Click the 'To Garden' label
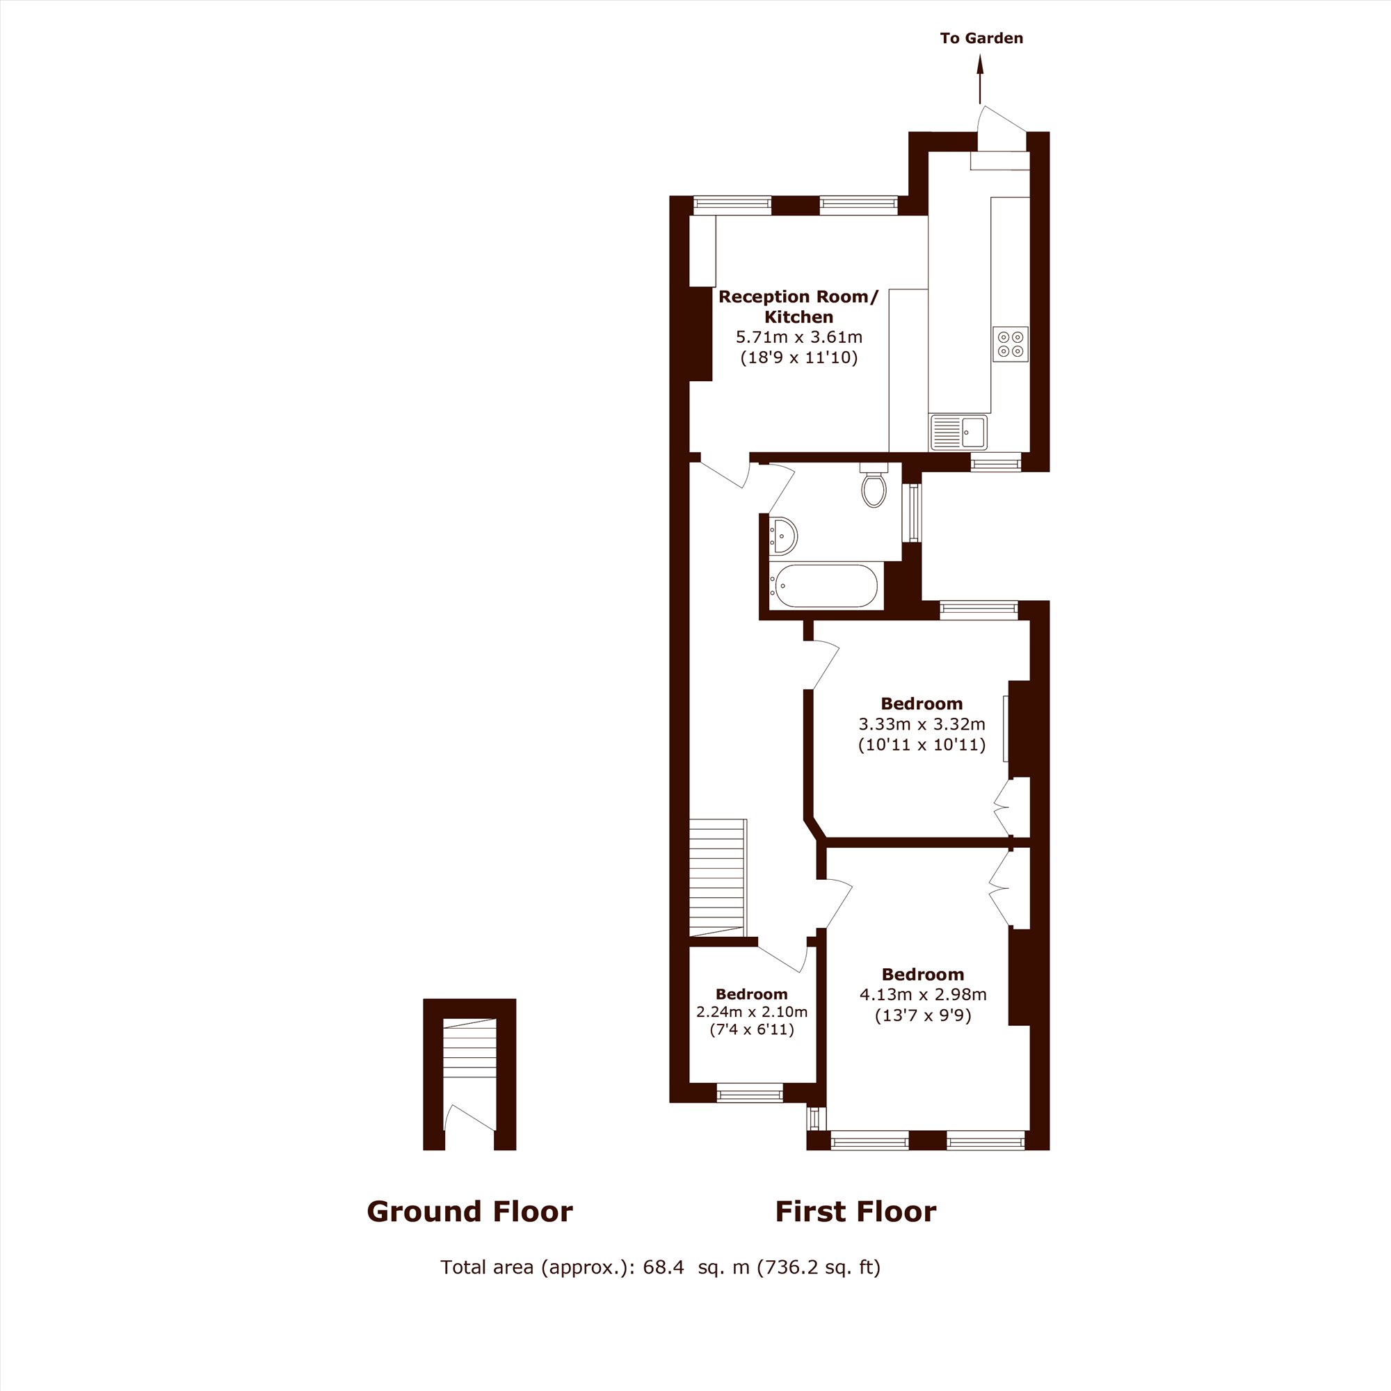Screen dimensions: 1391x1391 (x=981, y=38)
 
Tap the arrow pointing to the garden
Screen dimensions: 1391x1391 (x=979, y=80)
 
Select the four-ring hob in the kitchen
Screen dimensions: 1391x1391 (x=1010, y=344)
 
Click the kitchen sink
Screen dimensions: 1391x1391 (x=959, y=432)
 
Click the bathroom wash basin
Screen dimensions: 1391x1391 (x=782, y=536)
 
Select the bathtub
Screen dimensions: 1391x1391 (x=823, y=586)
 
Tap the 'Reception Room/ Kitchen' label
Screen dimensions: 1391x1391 (x=798, y=307)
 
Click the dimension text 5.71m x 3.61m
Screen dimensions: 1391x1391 (x=798, y=337)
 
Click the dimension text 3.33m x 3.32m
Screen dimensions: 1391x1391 (x=922, y=724)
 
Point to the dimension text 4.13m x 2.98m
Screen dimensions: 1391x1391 (x=923, y=995)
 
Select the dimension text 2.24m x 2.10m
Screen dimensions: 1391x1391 (x=752, y=1012)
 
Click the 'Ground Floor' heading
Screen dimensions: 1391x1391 (x=469, y=1212)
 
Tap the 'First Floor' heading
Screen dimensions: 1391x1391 (x=855, y=1212)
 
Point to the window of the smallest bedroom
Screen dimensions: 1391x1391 (x=750, y=1095)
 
